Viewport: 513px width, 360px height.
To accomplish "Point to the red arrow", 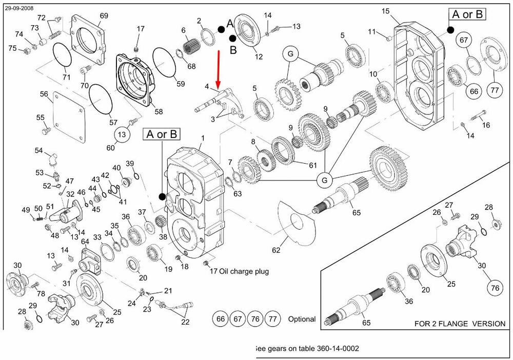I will click(x=219, y=69).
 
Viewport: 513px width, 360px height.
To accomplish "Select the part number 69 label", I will click(x=104, y=16).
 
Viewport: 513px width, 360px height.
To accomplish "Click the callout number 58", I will click(x=159, y=112).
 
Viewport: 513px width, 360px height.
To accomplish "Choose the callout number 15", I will click(x=386, y=11).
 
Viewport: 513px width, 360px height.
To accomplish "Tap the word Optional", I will click(x=302, y=319).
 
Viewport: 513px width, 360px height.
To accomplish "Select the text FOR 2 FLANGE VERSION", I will click(x=459, y=324).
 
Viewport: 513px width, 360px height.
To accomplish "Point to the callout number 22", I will click(x=185, y=322).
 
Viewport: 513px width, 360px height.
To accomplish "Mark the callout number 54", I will click(x=39, y=150).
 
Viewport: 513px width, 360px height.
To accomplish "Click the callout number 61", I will click(x=313, y=165).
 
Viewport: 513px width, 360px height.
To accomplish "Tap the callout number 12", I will click(x=259, y=56).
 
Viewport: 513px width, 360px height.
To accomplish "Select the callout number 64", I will click(x=85, y=242).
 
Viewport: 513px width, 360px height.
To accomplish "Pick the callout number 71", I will click(x=66, y=77).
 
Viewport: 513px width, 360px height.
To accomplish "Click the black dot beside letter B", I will click(x=233, y=38).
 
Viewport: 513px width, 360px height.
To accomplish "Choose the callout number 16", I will click(x=486, y=125).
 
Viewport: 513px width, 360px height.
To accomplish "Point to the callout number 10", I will click(x=373, y=74).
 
